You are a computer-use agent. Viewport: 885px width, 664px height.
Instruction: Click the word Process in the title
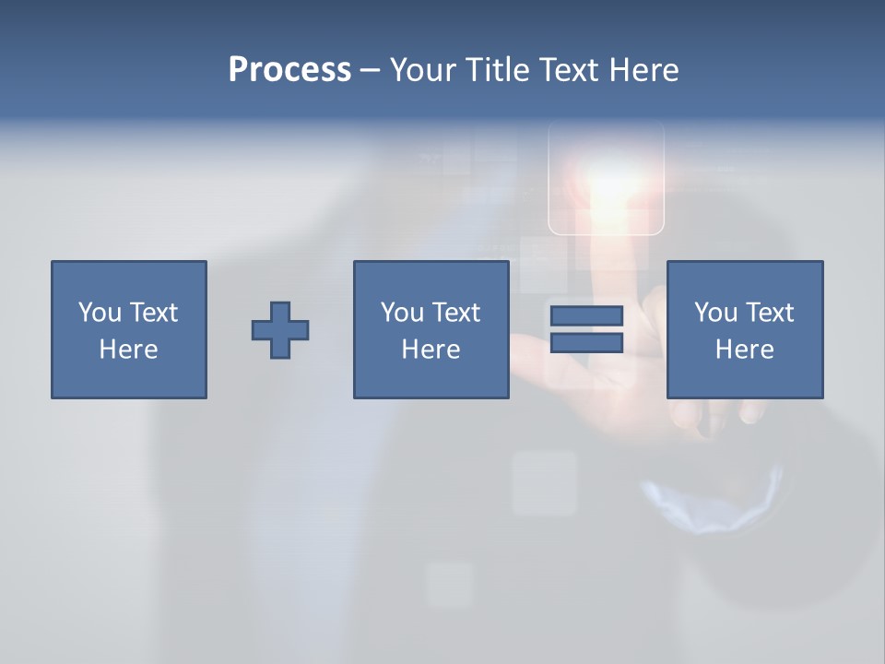point(289,70)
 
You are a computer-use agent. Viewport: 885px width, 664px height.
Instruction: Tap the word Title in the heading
point(497,70)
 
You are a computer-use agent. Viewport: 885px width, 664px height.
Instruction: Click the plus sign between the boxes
point(280,330)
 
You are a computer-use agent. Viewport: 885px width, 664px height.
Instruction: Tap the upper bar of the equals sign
point(586,316)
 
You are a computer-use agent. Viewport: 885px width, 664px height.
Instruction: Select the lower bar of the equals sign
point(586,342)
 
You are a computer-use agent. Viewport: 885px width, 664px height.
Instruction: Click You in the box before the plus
point(100,313)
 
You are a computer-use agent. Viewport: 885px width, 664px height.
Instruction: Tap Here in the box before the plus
point(128,350)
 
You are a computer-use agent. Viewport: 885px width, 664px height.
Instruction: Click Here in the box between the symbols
point(431,350)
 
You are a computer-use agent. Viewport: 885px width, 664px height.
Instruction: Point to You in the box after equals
point(715,313)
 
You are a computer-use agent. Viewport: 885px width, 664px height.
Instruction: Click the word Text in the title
point(569,70)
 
